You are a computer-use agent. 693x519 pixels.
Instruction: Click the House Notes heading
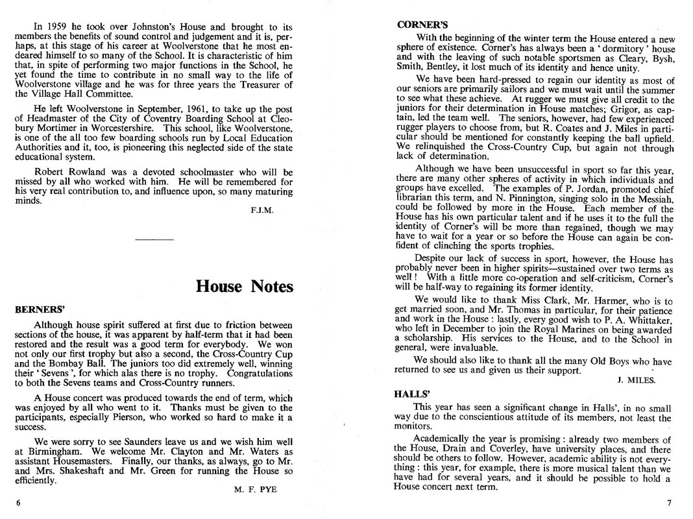pyautogui.click(x=245, y=286)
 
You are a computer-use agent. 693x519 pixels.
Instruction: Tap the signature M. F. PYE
pyautogui.click(x=255, y=490)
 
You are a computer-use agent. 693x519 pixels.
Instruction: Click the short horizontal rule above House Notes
pyautogui.click(x=154, y=241)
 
